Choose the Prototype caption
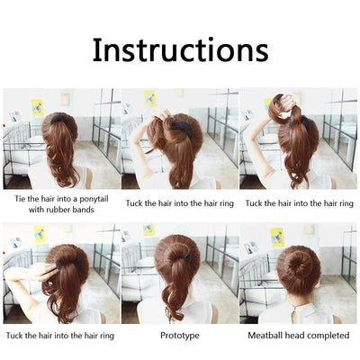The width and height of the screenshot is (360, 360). click(x=180, y=335)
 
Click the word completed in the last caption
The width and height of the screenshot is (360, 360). click(x=325, y=335)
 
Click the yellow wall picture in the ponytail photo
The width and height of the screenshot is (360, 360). click(x=37, y=107)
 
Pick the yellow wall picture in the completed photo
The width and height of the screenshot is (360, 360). click(x=277, y=237)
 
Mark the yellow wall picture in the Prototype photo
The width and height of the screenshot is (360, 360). click(x=148, y=231)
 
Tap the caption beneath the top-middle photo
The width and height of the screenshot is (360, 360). click(x=180, y=203)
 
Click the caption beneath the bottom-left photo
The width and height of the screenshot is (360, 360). click(x=60, y=335)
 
